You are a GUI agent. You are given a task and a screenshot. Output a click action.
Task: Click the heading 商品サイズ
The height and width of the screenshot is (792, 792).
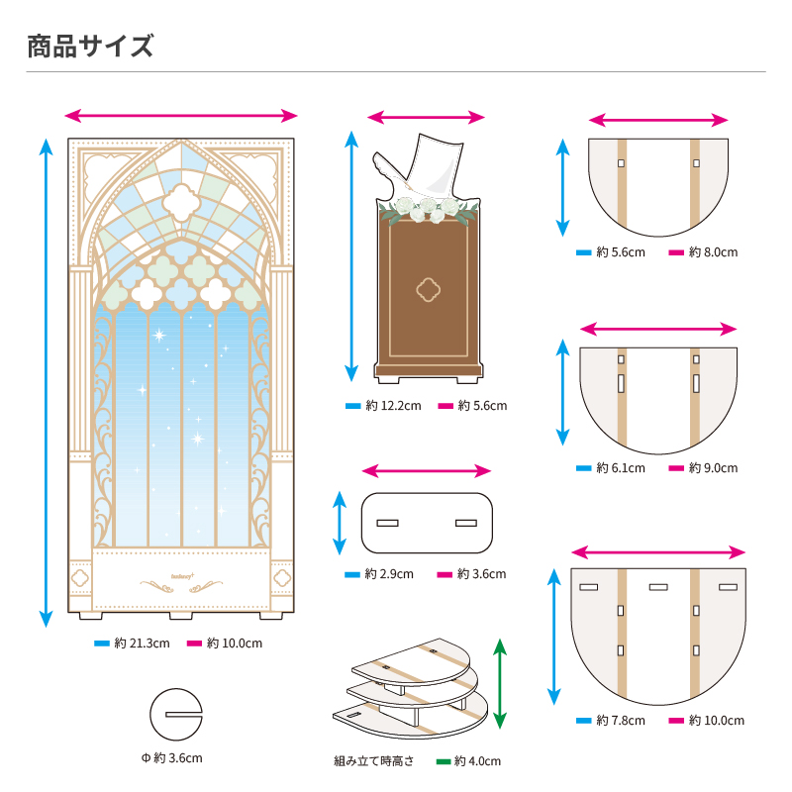pos(91,46)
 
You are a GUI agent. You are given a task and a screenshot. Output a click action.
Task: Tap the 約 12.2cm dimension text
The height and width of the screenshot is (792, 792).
pos(393,406)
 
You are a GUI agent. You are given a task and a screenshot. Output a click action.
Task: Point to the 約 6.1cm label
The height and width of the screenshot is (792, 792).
pos(620,468)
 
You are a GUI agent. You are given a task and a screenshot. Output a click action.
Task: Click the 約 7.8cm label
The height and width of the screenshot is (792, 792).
pos(620,721)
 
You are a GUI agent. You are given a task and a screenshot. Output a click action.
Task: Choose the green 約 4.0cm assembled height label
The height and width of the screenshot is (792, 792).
pos(477,761)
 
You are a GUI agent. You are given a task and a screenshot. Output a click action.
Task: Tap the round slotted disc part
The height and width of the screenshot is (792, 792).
pos(175,713)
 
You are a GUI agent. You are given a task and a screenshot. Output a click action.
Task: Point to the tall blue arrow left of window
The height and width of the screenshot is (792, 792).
pos(46,382)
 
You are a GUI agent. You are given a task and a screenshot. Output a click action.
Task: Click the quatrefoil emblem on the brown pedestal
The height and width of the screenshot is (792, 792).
pos(428,289)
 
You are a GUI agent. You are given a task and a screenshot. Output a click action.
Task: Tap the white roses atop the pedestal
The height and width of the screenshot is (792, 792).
pos(426,210)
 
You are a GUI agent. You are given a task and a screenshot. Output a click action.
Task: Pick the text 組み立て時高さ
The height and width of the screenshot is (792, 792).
pos(374,761)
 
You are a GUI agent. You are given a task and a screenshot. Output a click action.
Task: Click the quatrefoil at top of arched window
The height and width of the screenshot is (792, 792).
pos(181,204)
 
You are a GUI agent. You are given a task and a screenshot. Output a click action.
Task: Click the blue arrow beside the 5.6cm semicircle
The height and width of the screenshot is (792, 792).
pos(562,188)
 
